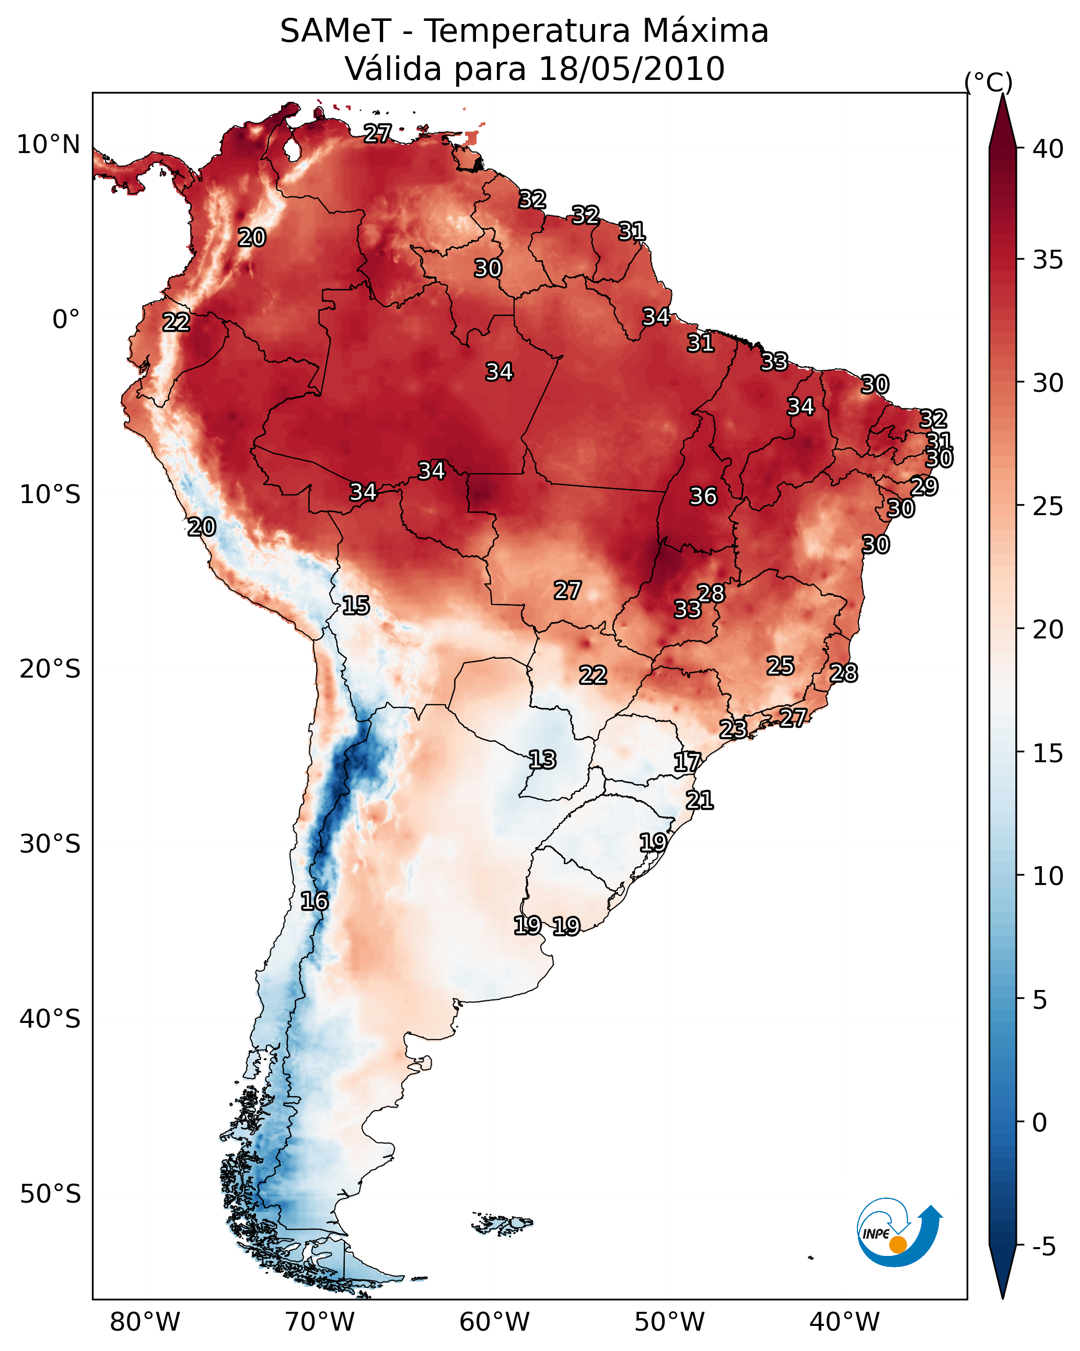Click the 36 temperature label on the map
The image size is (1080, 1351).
point(703,496)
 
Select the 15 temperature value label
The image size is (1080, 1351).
point(355,605)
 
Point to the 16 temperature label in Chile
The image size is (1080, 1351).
point(314,901)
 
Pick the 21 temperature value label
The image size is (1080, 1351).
point(699,800)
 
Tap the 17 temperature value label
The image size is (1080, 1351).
point(687,762)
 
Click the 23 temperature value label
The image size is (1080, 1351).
point(732,729)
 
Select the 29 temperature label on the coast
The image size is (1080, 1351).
point(923,486)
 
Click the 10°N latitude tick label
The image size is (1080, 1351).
point(48,145)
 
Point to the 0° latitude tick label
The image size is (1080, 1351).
point(66,320)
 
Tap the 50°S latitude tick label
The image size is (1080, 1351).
point(50,1194)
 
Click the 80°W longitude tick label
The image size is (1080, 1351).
point(145,1322)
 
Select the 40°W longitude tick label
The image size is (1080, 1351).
point(844,1322)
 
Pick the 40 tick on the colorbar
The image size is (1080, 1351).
point(1048,149)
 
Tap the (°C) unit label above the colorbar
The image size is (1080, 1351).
point(988,82)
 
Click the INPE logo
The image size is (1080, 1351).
point(898,1233)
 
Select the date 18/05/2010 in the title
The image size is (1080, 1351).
point(631,69)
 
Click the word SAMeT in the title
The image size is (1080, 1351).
point(335,31)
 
